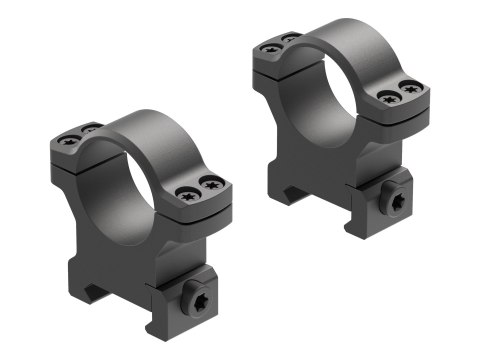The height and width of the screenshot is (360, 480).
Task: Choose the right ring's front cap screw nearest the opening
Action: tap(388, 99)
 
